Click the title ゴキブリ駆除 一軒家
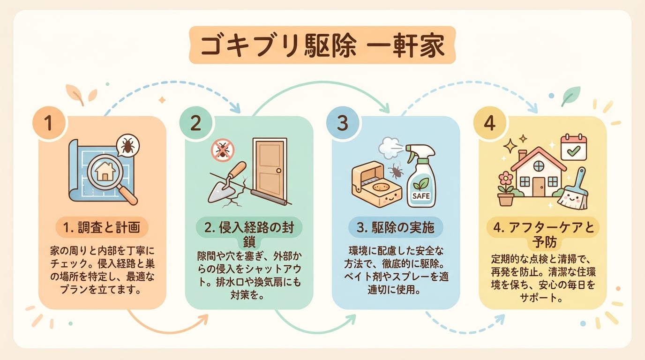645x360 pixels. click(x=322, y=45)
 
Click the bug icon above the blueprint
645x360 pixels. click(x=127, y=146)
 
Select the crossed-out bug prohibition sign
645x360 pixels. click(x=222, y=150)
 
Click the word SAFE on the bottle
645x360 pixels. click(x=421, y=196)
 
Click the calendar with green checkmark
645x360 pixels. click(x=573, y=148)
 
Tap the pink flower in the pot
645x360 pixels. click(x=506, y=180)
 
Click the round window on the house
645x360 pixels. click(x=539, y=165)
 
